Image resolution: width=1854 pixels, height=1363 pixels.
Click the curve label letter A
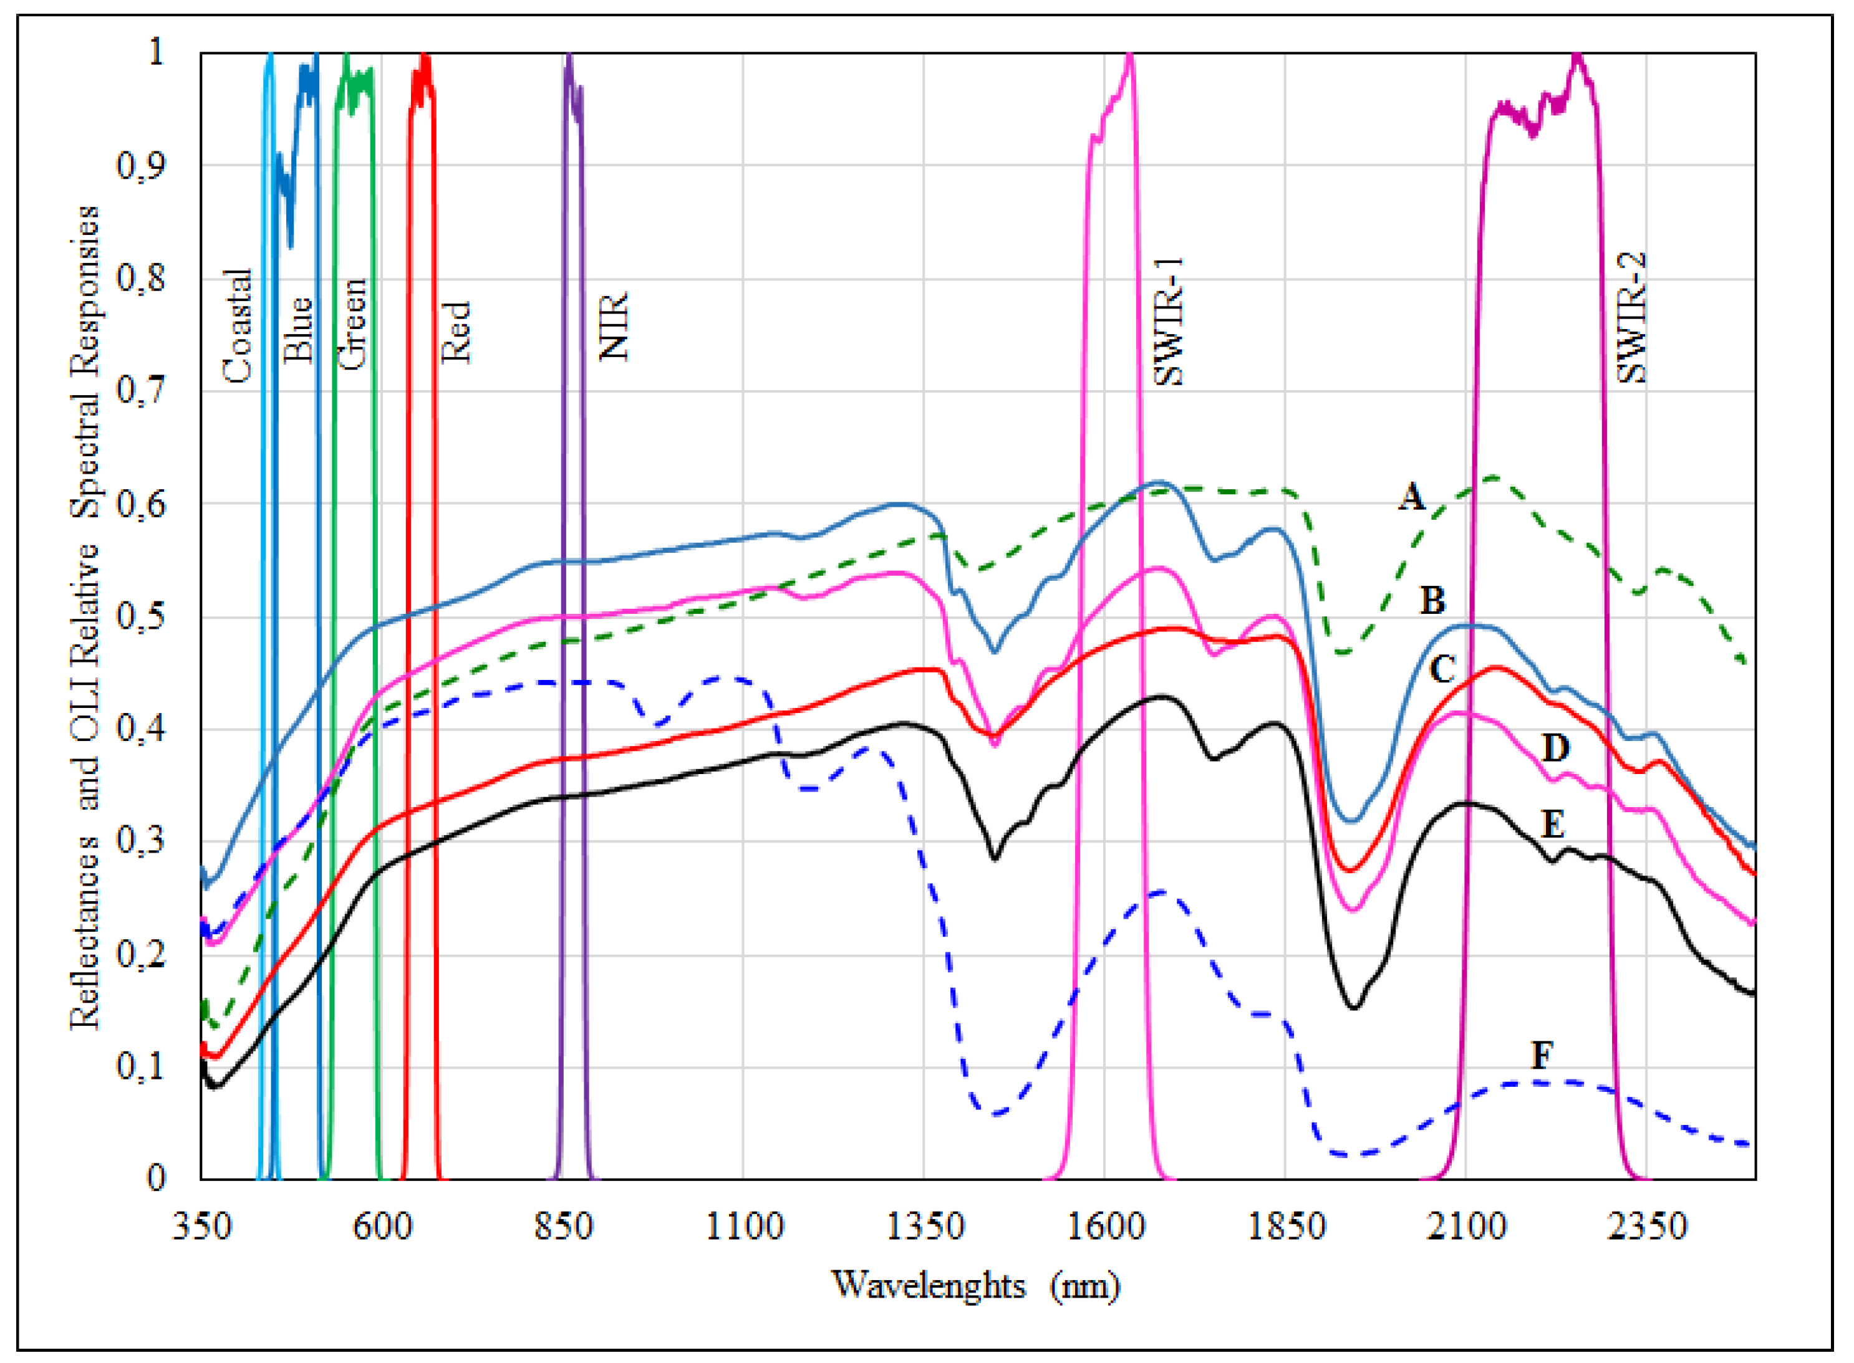click(x=1412, y=497)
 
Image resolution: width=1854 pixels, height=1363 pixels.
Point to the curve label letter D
click(x=1555, y=748)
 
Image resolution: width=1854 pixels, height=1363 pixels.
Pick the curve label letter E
click(x=1553, y=823)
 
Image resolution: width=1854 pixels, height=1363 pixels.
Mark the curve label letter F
click(x=1541, y=1055)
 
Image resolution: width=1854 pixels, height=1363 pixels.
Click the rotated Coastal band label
click(x=238, y=326)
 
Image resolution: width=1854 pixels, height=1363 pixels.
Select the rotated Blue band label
click(x=297, y=330)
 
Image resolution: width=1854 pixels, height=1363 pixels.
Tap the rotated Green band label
click(x=352, y=323)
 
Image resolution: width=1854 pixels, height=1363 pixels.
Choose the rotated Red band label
click(x=455, y=332)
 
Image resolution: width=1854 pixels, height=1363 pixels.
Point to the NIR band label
click(x=613, y=326)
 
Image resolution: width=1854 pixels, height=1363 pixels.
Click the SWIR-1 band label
click(x=1169, y=322)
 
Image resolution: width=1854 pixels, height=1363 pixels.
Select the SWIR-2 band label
click(x=1631, y=318)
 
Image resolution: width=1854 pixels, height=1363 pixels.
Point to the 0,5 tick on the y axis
click(x=141, y=616)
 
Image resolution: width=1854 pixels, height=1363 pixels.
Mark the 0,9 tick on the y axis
click(x=141, y=165)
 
